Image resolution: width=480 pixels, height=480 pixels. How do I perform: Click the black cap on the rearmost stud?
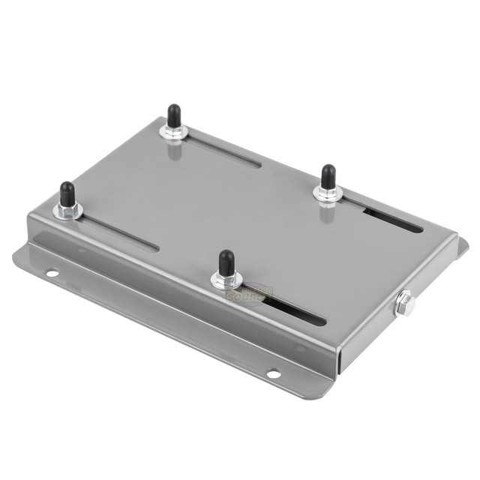point(173,115)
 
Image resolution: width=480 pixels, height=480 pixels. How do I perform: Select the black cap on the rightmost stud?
point(328,176)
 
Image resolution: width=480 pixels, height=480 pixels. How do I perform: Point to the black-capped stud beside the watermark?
point(226,262)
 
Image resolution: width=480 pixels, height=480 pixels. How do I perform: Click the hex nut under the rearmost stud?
point(173,133)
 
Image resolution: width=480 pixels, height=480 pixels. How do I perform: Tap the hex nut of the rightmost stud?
point(328,193)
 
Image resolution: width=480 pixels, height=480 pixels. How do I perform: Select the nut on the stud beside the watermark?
point(226,280)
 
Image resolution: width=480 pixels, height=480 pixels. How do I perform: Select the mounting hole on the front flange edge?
point(273,373)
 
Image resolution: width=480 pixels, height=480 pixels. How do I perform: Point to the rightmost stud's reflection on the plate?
point(327,213)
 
